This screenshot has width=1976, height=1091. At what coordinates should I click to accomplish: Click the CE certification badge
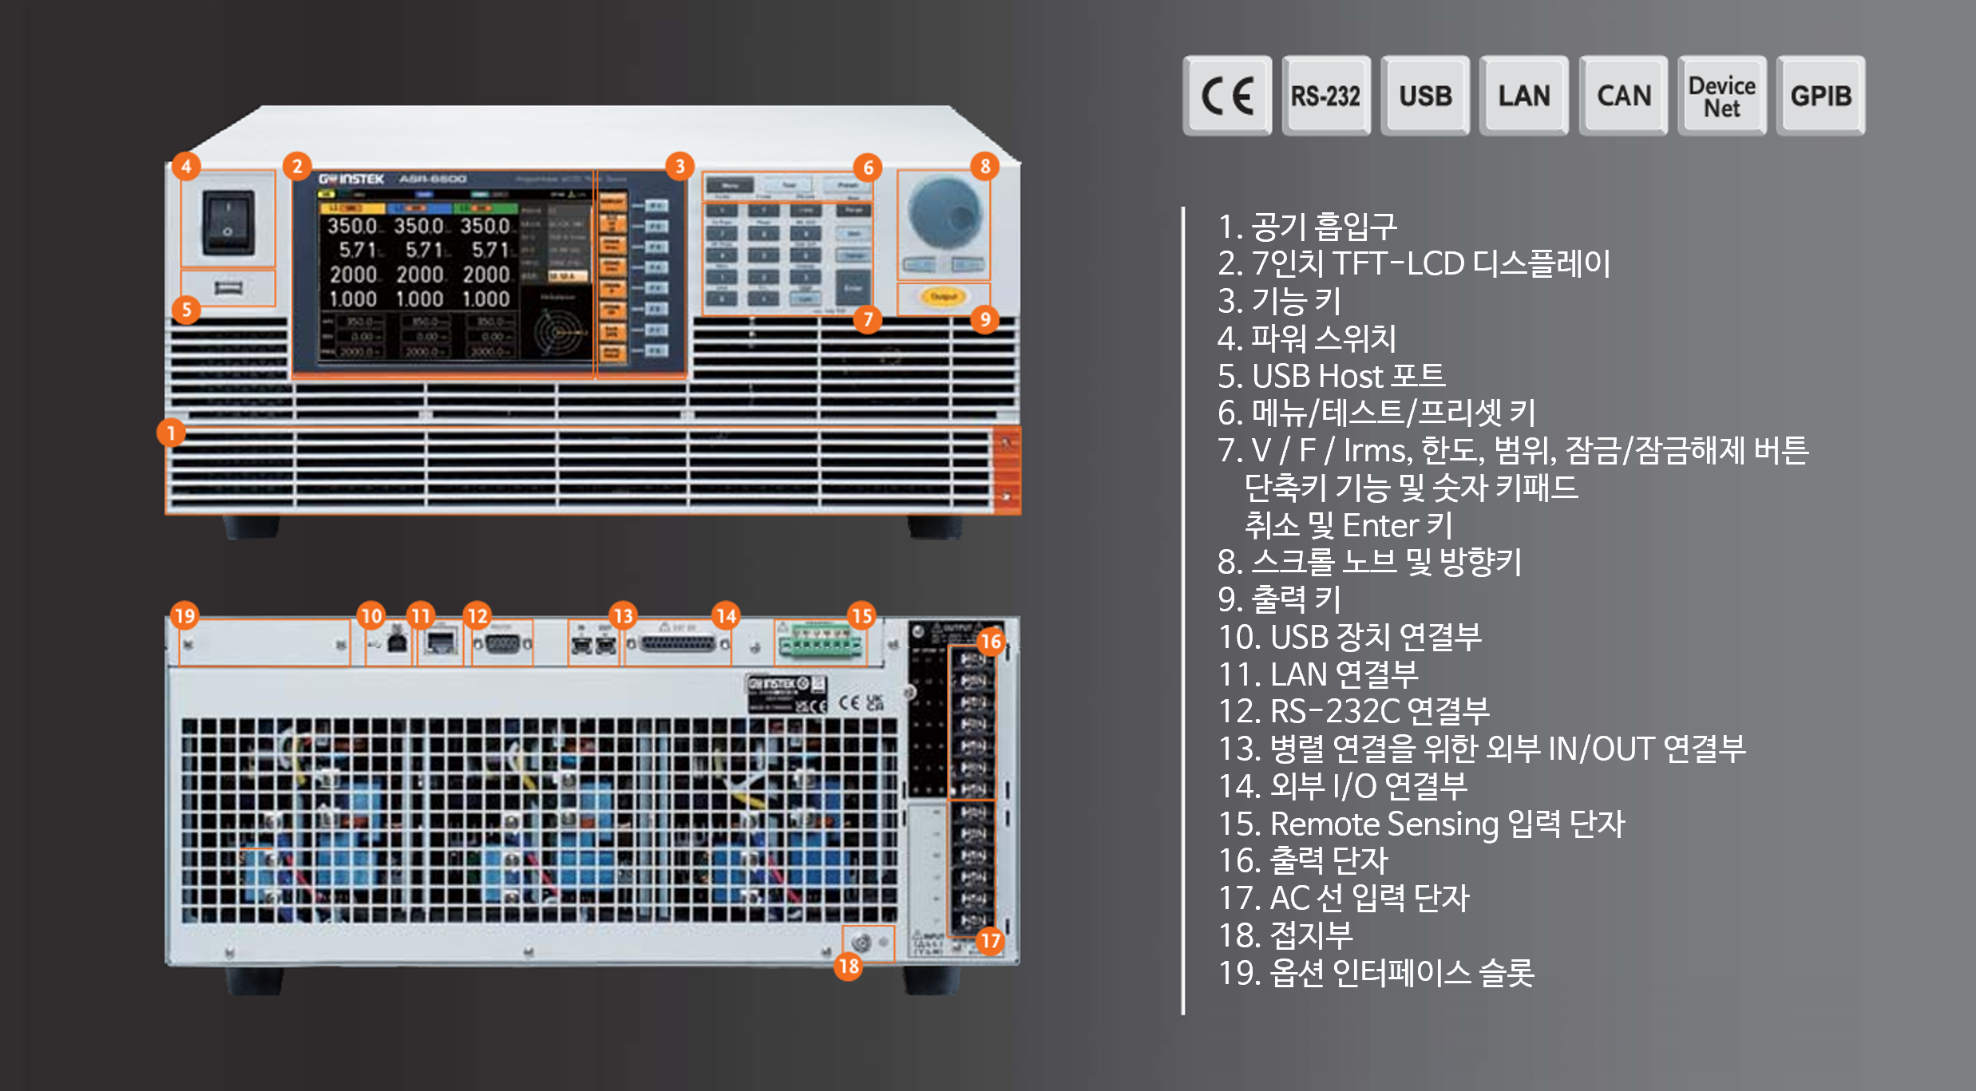[x=1227, y=96]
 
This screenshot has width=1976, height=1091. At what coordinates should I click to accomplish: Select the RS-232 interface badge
[x=1325, y=96]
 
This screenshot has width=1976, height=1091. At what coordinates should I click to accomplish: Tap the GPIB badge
[x=1820, y=96]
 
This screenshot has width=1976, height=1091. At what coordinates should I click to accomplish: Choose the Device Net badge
[x=1721, y=96]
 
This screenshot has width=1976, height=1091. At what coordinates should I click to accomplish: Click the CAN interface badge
[x=1623, y=96]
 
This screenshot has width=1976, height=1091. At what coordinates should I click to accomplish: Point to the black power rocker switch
[x=228, y=222]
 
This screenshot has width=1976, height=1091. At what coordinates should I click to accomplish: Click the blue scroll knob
[x=944, y=212]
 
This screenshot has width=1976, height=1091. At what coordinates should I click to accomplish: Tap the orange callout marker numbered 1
[x=171, y=433]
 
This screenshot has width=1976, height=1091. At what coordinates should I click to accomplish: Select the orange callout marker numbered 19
[x=184, y=615]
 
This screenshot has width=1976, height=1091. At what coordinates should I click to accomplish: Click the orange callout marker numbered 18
[x=849, y=966]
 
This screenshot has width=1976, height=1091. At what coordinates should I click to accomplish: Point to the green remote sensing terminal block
[x=821, y=643]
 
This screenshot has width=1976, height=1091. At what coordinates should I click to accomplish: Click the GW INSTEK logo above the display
[x=351, y=179]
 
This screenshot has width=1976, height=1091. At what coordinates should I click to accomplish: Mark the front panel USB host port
[x=228, y=287]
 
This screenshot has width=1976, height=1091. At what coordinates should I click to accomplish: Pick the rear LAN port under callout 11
[x=440, y=642]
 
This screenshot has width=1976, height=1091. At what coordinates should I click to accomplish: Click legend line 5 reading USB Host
[x=1331, y=376]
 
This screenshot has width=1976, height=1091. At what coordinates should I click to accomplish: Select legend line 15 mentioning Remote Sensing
[x=1421, y=824]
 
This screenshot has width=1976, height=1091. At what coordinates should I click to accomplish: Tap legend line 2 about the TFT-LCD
[x=1413, y=263]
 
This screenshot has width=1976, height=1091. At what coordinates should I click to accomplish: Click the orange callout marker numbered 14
[x=726, y=615]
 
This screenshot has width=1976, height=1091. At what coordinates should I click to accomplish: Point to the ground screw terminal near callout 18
[x=861, y=943]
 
